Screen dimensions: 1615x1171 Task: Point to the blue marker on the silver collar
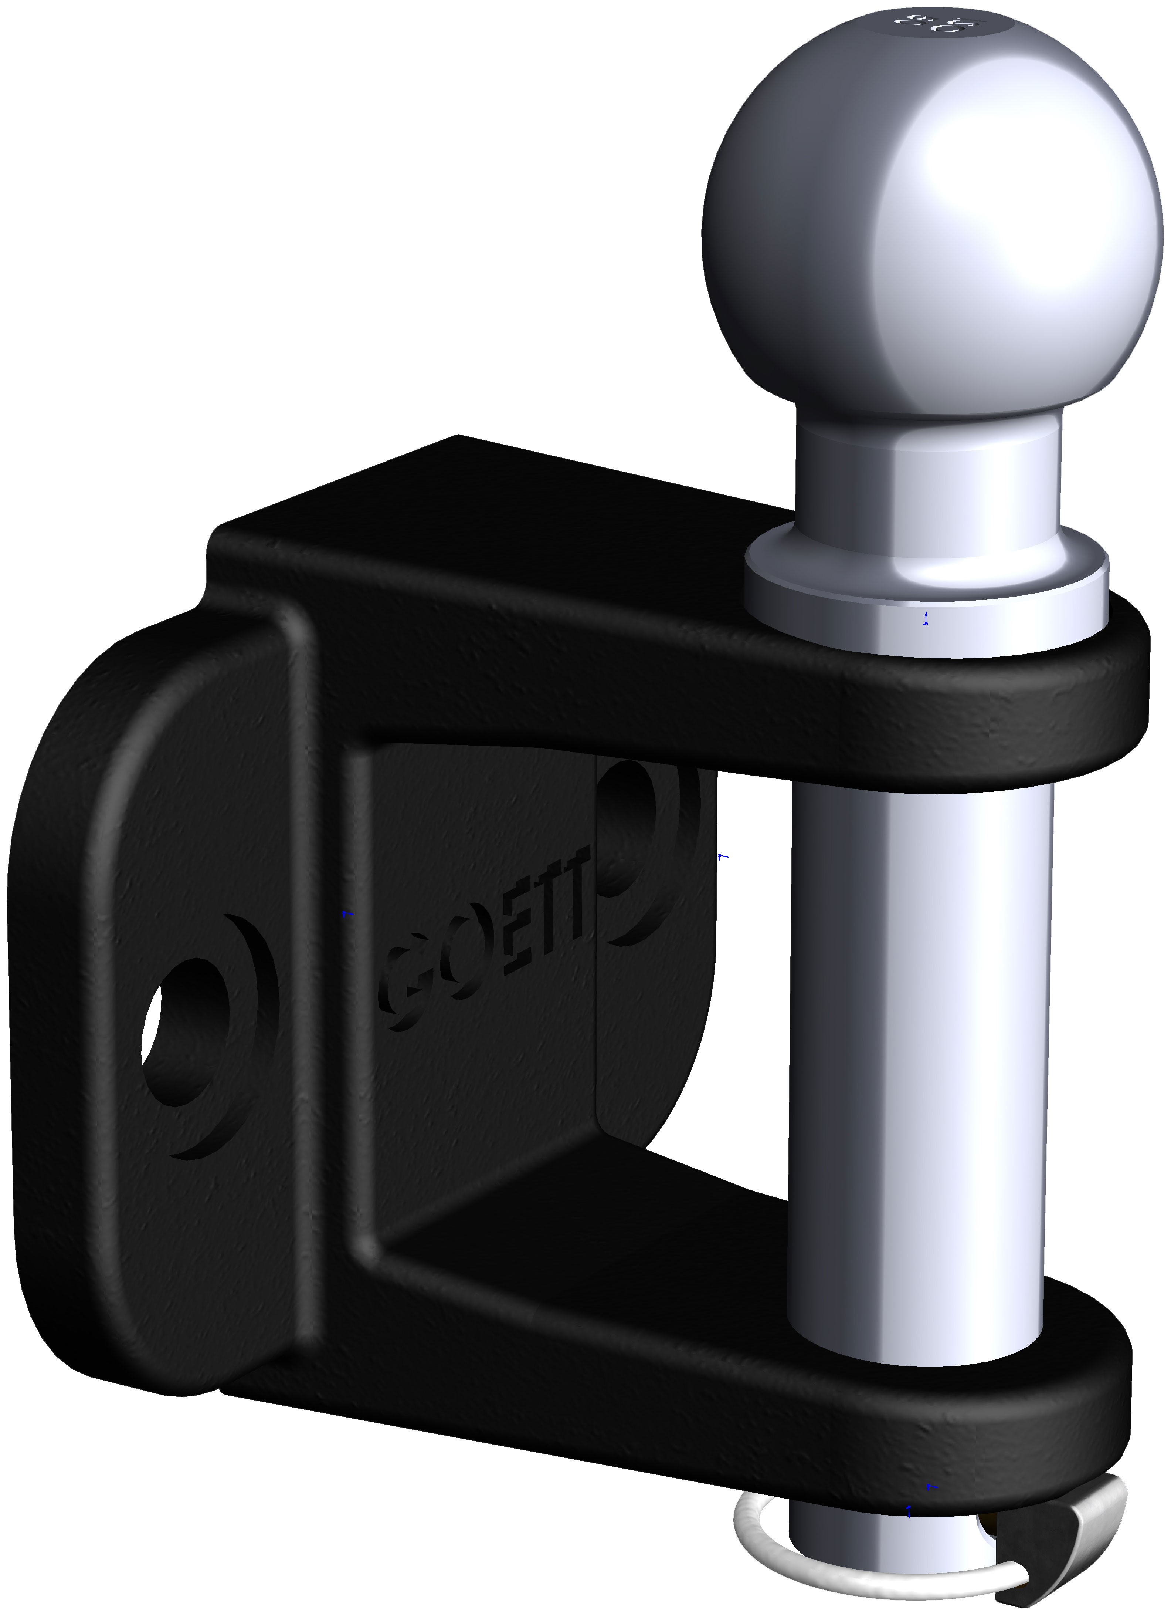(926, 618)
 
